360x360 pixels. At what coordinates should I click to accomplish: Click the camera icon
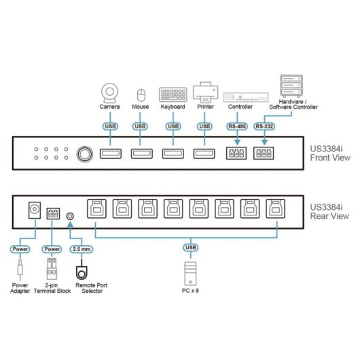pyautogui.click(x=110, y=92)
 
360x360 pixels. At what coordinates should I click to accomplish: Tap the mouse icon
pyautogui.click(x=141, y=94)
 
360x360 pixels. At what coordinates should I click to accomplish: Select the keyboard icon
pyautogui.click(x=173, y=94)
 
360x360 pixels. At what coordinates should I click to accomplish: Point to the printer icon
pyautogui.click(x=204, y=91)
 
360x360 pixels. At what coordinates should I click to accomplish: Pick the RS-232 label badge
pyautogui.click(x=264, y=126)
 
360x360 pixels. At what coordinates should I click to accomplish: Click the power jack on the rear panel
pyautogui.click(x=31, y=211)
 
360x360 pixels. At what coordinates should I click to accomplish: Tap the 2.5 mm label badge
pyautogui.click(x=80, y=248)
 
